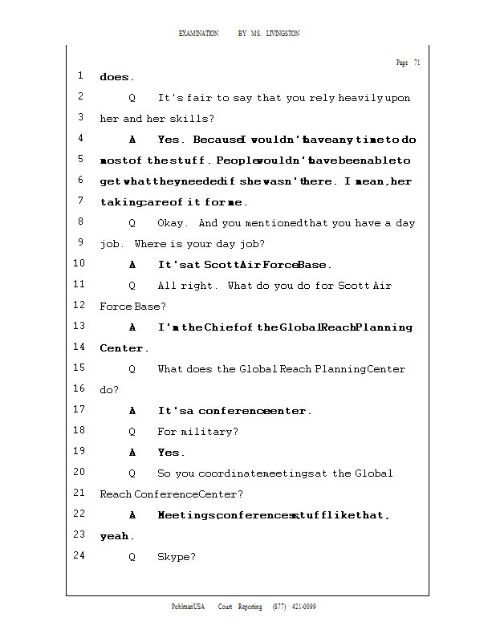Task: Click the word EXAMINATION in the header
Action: coord(199,34)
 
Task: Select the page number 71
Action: coord(417,63)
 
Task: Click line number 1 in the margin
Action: coord(80,76)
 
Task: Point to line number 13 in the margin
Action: coord(79,326)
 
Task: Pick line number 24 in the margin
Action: coord(79,555)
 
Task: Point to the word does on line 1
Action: coord(115,78)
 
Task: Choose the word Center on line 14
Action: coord(121,348)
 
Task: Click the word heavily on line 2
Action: coord(361,98)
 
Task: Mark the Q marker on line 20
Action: coord(132,473)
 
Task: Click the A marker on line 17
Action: coord(132,411)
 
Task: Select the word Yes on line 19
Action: coord(170,453)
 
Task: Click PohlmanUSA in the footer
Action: coord(189,607)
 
